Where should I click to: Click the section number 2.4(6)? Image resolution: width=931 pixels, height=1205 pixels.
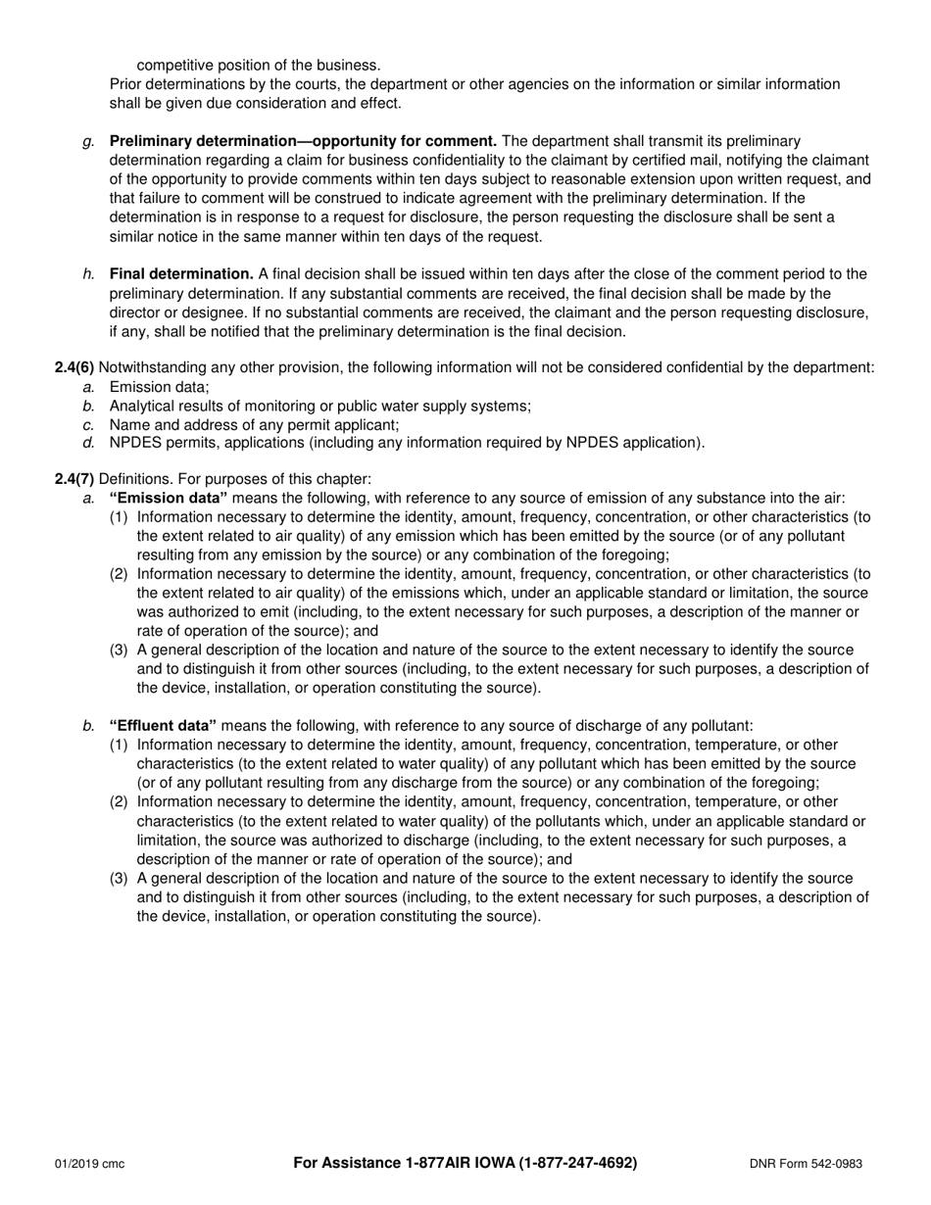[74, 367]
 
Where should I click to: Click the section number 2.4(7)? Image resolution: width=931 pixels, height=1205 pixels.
[74, 479]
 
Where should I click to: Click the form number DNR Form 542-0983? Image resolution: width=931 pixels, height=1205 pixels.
[806, 1164]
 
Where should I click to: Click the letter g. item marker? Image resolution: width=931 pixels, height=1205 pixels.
[89, 141]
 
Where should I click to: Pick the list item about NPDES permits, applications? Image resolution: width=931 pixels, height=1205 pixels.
[406, 442]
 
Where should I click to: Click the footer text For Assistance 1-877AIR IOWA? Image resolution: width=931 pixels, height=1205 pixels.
[395, 1163]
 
